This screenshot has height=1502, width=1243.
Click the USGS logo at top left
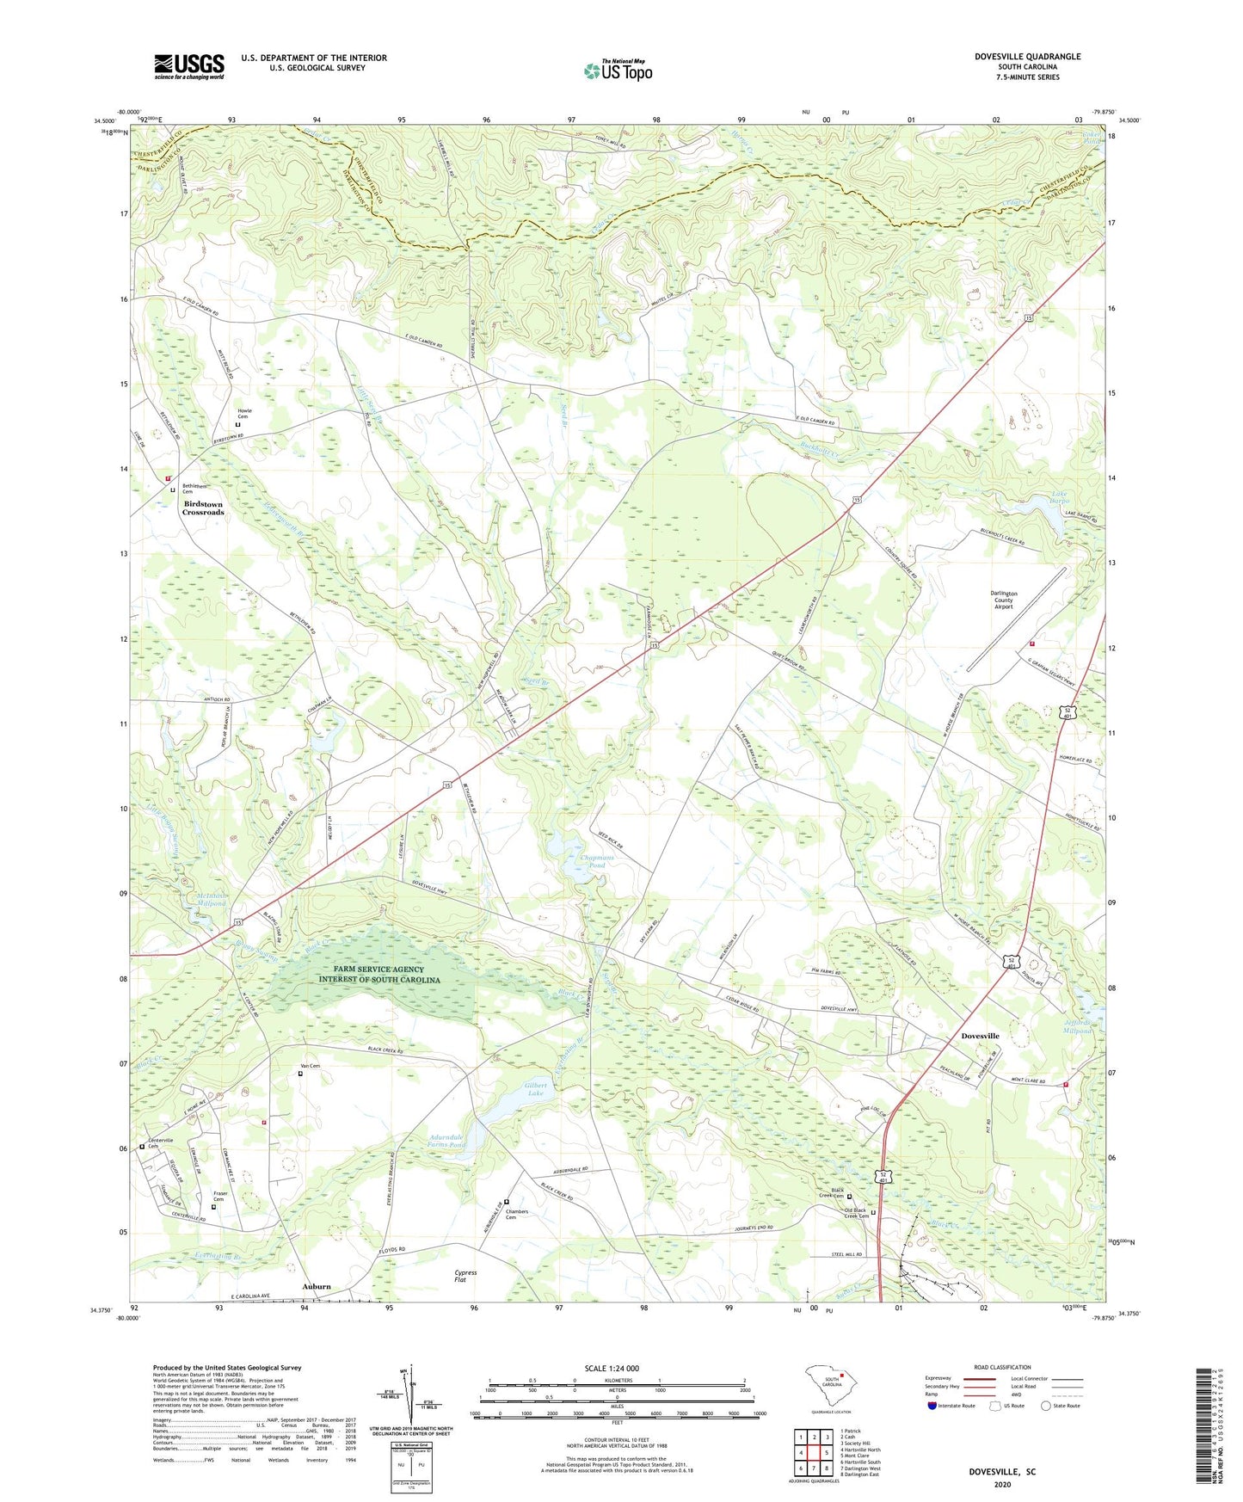point(189,65)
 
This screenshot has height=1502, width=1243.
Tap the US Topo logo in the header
point(618,71)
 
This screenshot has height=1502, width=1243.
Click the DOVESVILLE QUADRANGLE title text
point(1027,57)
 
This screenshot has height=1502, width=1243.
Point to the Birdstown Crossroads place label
point(203,508)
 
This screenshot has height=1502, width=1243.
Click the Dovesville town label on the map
point(980,1036)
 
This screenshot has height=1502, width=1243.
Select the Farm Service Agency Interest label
point(379,975)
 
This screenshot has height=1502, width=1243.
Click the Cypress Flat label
point(465,1276)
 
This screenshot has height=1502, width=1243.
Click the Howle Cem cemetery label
point(243,414)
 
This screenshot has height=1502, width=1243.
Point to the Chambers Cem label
point(517,1214)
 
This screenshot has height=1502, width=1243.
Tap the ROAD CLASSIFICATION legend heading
point(1002,1367)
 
